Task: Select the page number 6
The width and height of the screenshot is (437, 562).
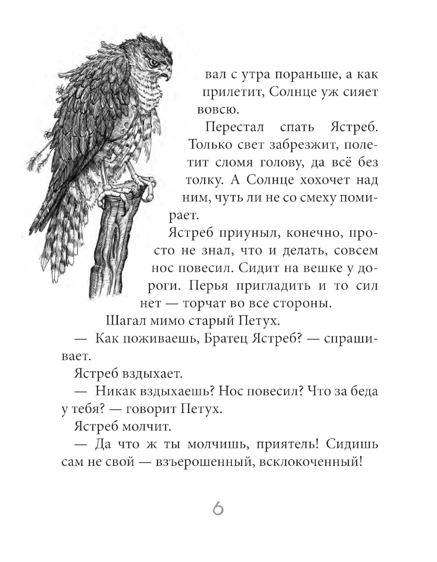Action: (x=218, y=509)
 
